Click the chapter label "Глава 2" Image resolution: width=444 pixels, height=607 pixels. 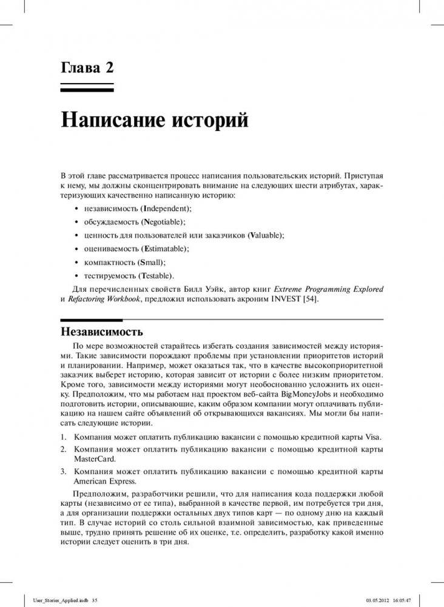(87, 67)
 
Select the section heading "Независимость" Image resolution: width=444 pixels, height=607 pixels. (102, 332)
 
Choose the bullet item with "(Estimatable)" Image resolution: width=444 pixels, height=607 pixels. (164, 248)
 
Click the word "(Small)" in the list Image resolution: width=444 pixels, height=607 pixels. (153, 262)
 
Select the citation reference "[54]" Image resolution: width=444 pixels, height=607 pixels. (309, 299)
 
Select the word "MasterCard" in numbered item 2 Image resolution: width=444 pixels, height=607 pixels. (92, 459)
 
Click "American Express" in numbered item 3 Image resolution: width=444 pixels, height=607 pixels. (102, 481)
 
